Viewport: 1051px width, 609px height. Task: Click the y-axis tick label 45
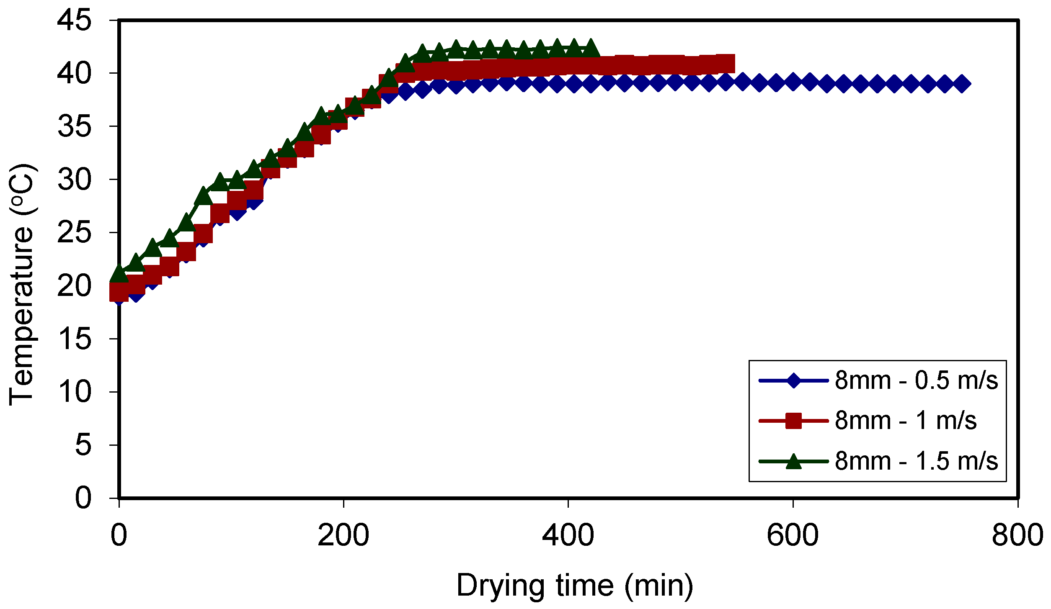(74, 21)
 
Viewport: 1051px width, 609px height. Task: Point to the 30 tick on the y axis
(74, 180)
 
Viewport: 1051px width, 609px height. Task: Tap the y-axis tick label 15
(74, 339)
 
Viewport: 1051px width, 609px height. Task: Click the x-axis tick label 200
(343, 535)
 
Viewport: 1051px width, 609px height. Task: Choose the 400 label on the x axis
(568, 535)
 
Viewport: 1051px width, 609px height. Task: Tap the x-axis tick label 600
(792, 535)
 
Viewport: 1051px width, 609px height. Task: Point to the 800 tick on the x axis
(1017, 535)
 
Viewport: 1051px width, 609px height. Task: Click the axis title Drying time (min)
(574, 586)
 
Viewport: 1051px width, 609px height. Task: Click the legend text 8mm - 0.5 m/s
(916, 380)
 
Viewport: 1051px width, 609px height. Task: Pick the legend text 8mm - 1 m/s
(905, 421)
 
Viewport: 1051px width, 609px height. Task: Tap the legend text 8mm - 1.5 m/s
(916, 461)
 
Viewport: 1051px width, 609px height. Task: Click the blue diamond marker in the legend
(793, 380)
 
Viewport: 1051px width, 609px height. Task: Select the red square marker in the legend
(793, 421)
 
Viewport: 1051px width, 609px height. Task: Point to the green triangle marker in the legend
(793, 461)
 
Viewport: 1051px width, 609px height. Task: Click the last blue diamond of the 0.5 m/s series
(962, 84)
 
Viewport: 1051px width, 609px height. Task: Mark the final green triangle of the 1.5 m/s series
(591, 49)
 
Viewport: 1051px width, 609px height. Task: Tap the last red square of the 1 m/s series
(725, 64)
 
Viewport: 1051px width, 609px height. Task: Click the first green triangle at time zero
(119, 274)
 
